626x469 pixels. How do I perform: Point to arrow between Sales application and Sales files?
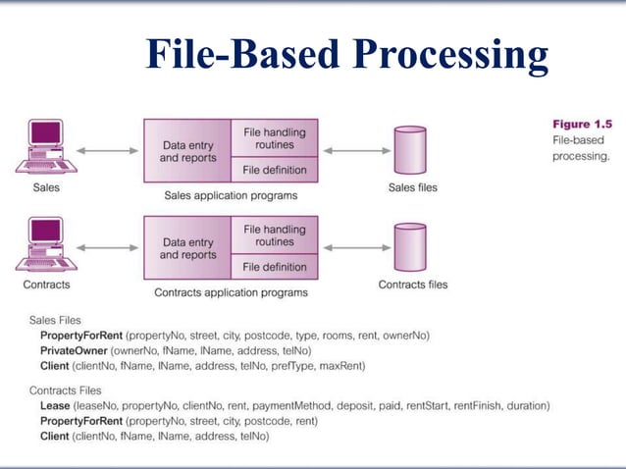click(x=356, y=151)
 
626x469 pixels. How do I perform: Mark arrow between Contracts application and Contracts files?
click(x=356, y=249)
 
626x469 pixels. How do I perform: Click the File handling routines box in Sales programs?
click(x=274, y=138)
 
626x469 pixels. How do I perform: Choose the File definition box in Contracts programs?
click(x=274, y=267)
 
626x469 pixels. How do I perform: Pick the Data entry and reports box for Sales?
click(x=187, y=151)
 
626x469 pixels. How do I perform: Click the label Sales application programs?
click(x=231, y=195)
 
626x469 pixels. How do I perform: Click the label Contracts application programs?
click(x=231, y=292)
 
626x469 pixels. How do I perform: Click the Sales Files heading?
click(x=55, y=320)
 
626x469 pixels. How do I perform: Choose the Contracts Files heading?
click(x=65, y=391)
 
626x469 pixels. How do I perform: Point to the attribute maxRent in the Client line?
click(x=339, y=366)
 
